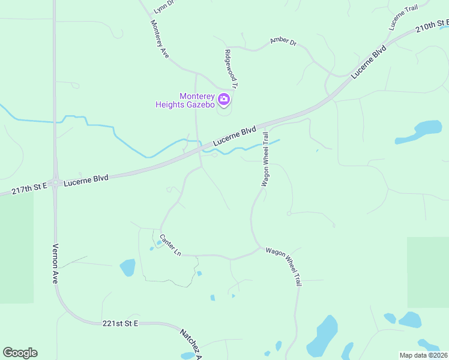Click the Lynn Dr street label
[163, 7]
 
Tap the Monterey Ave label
[160, 39]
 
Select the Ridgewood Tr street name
[231, 69]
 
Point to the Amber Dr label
[283, 41]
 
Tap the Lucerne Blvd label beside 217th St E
[86, 178]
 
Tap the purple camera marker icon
[224, 99]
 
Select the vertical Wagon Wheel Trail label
[264, 160]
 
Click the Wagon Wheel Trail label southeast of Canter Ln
[283, 266]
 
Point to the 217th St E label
[29, 188]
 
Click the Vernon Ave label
[55, 263]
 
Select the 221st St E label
[120, 323]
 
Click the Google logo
[20, 353]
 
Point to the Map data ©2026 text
[423, 355]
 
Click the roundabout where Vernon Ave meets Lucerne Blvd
[55, 182]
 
